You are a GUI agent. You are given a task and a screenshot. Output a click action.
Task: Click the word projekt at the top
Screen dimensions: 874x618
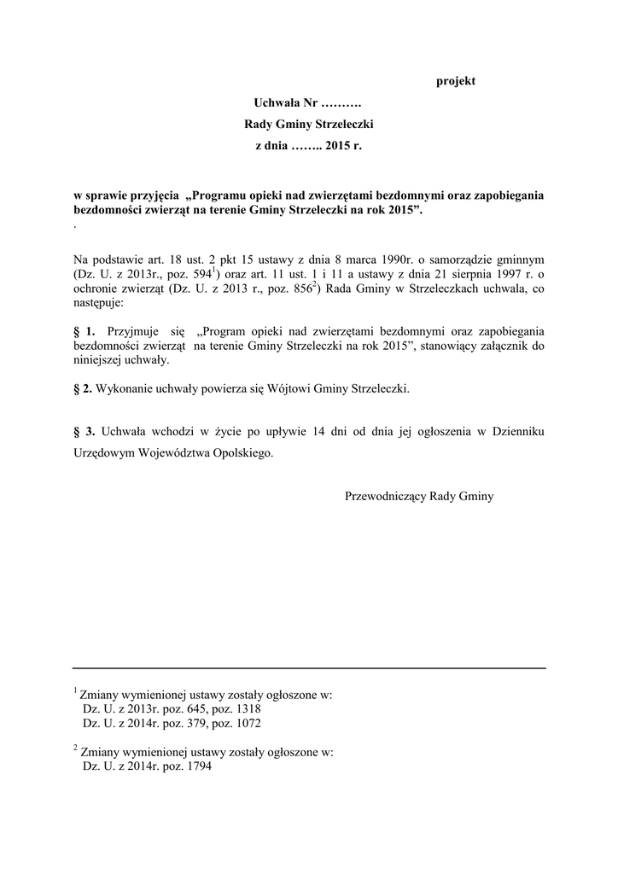pos(456,81)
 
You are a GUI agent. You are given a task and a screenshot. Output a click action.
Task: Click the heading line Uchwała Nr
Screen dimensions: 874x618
pos(308,102)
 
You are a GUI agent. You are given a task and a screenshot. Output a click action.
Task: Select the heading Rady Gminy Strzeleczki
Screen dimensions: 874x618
pos(309,125)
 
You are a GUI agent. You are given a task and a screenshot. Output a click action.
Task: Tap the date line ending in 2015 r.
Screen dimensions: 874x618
pos(309,147)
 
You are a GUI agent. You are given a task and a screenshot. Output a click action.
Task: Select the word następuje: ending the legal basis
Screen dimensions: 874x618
pos(99,303)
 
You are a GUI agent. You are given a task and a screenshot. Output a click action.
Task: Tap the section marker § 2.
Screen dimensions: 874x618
pos(83,388)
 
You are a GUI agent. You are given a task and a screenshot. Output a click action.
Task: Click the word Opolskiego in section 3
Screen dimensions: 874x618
pos(246,455)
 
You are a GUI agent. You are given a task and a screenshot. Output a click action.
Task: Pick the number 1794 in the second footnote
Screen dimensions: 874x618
pos(196,766)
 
